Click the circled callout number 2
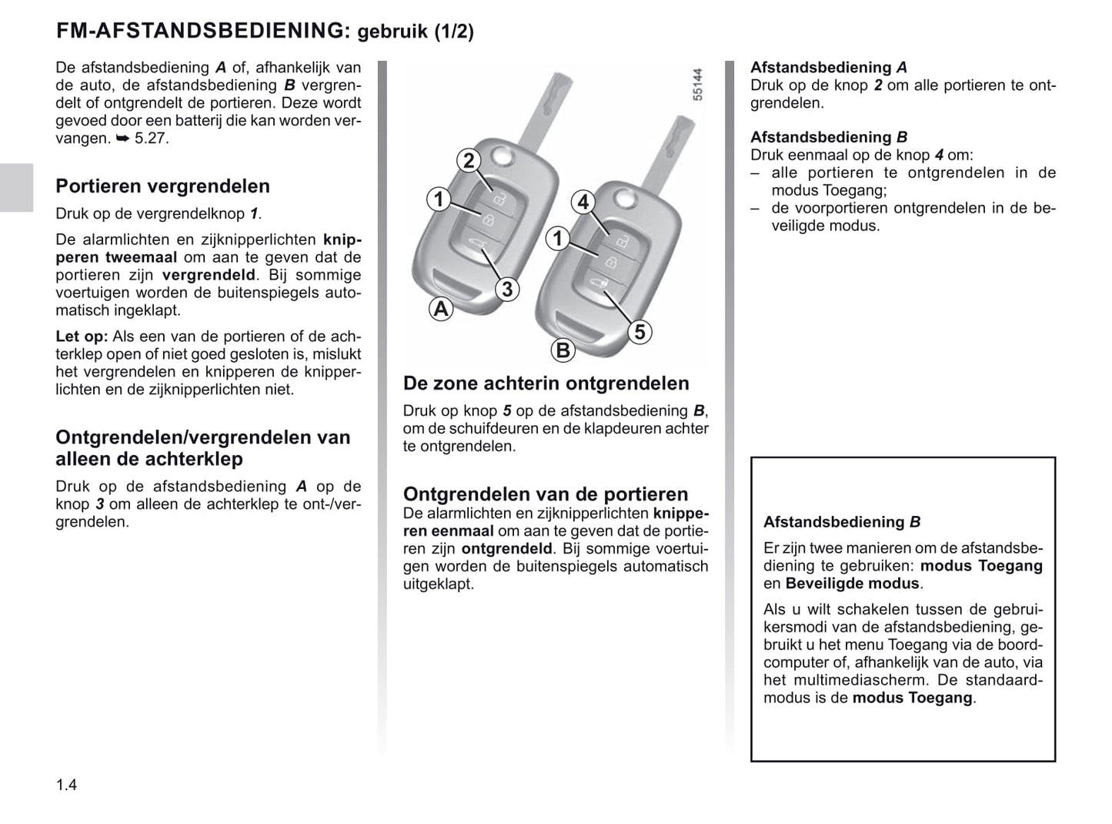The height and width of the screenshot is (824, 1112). tap(468, 161)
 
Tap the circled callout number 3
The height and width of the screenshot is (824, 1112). tap(507, 290)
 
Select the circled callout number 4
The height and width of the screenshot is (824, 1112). tap(583, 202)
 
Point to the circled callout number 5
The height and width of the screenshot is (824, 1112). tap(639, 332)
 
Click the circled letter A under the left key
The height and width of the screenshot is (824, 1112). tap(440, 310)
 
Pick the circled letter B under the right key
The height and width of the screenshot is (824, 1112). tap(563, 350)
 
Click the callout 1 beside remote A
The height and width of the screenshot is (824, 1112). tap(439, 199)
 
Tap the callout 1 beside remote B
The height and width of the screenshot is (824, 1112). tap(558, 239)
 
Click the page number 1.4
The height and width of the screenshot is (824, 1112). tap(66, 785)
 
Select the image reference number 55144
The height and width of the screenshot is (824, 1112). tap(697, 85)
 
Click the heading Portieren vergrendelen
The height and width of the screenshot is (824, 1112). tap(162, 186)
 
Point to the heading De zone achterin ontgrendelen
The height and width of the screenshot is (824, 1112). tap(546, 384)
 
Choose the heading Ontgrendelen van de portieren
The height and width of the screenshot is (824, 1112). tap(546, 494)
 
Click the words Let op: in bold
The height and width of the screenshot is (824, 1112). tap(82, 337)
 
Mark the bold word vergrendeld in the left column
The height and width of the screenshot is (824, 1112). tap(208, 275)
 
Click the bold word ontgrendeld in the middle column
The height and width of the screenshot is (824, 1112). tap(506, 549)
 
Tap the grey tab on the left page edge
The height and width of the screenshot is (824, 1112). tap(16, 187)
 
